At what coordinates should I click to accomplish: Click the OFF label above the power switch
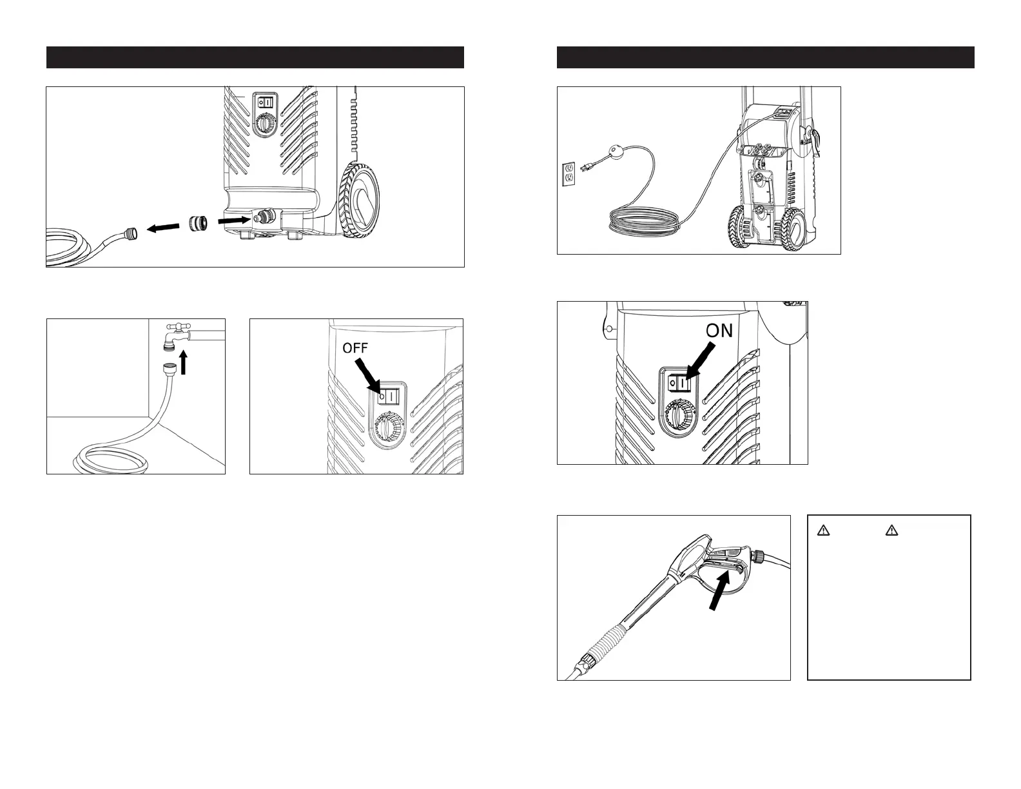355,348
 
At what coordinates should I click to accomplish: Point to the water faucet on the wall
175,335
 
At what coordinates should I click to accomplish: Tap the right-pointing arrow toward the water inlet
233,220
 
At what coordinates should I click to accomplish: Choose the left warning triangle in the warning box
823,531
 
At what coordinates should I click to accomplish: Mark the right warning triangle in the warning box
892,531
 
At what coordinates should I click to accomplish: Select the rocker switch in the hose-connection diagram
266,102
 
